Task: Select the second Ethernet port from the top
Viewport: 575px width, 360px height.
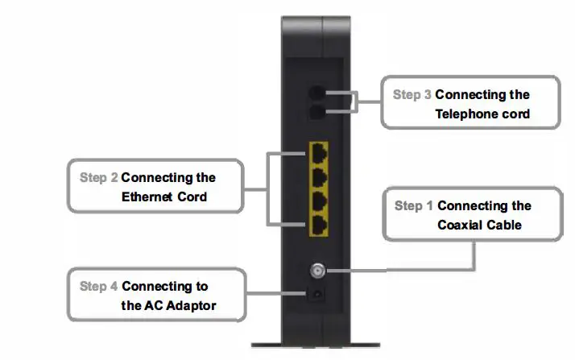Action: pos(320,175)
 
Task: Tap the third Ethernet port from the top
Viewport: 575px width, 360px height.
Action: pos(320,199)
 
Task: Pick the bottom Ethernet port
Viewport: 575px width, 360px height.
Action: pos(320,224)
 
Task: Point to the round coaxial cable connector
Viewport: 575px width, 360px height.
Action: pos(319,271)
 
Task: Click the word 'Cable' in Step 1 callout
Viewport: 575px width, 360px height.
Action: pos(505,225)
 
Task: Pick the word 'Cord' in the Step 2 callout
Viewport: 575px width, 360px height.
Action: pos(192,197)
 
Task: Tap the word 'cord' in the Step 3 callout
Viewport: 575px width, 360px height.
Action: pos(514,114)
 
